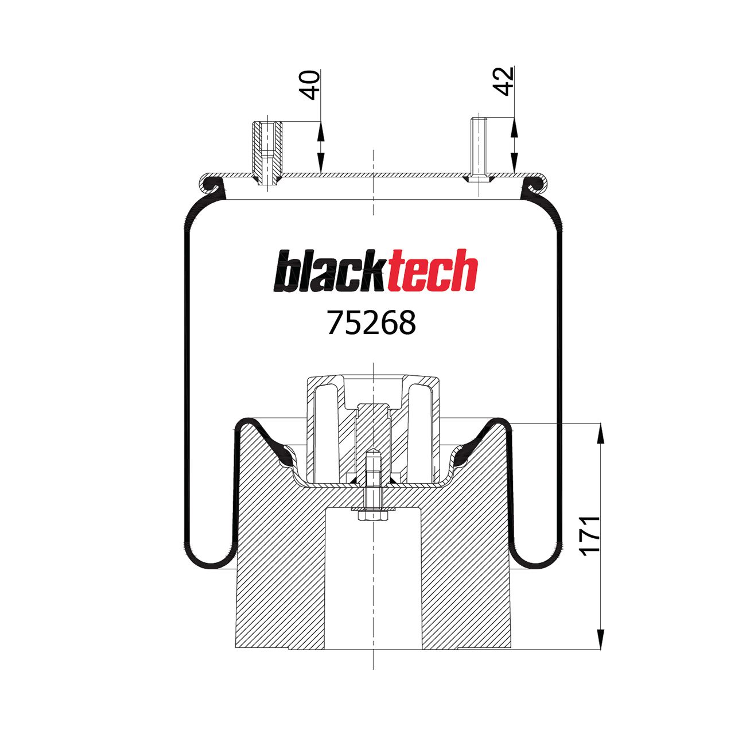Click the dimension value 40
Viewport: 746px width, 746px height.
click(310, 85)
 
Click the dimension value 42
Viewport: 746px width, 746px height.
click(504, 81)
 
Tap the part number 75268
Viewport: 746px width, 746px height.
click(371, 323)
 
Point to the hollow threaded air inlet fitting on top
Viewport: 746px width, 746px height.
click(267, 152)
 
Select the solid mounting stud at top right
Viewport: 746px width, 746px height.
click(479, 148)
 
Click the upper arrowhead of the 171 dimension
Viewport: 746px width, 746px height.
click(600, 433)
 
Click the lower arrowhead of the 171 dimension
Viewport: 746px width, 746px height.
click(600, 639)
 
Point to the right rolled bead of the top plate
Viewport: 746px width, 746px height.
click(535, 184)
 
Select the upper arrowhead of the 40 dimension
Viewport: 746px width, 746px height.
click(320, 131)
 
